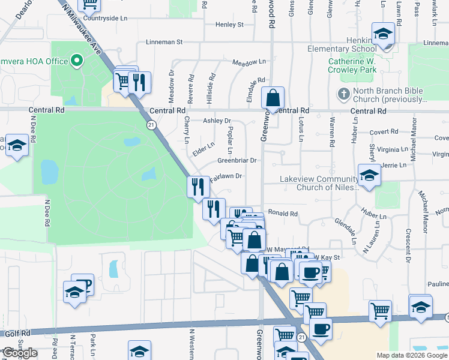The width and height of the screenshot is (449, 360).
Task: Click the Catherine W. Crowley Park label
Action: tap(352, 65)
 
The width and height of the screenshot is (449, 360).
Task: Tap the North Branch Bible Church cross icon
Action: tap(343, 94)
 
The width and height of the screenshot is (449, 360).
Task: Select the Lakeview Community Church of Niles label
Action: tap(319, 183)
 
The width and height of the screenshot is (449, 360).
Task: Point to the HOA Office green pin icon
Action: tap(77, 61)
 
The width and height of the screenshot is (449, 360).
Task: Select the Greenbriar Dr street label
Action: tap(237, 161)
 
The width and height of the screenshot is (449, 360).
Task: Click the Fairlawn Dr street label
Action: tap(226, 176)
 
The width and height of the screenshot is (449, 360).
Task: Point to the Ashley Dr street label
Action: tap(217, 121)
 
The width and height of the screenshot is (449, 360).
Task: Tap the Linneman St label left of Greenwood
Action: tap(164, 43)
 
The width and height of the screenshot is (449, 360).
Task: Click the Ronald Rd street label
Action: tap(283, 214)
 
